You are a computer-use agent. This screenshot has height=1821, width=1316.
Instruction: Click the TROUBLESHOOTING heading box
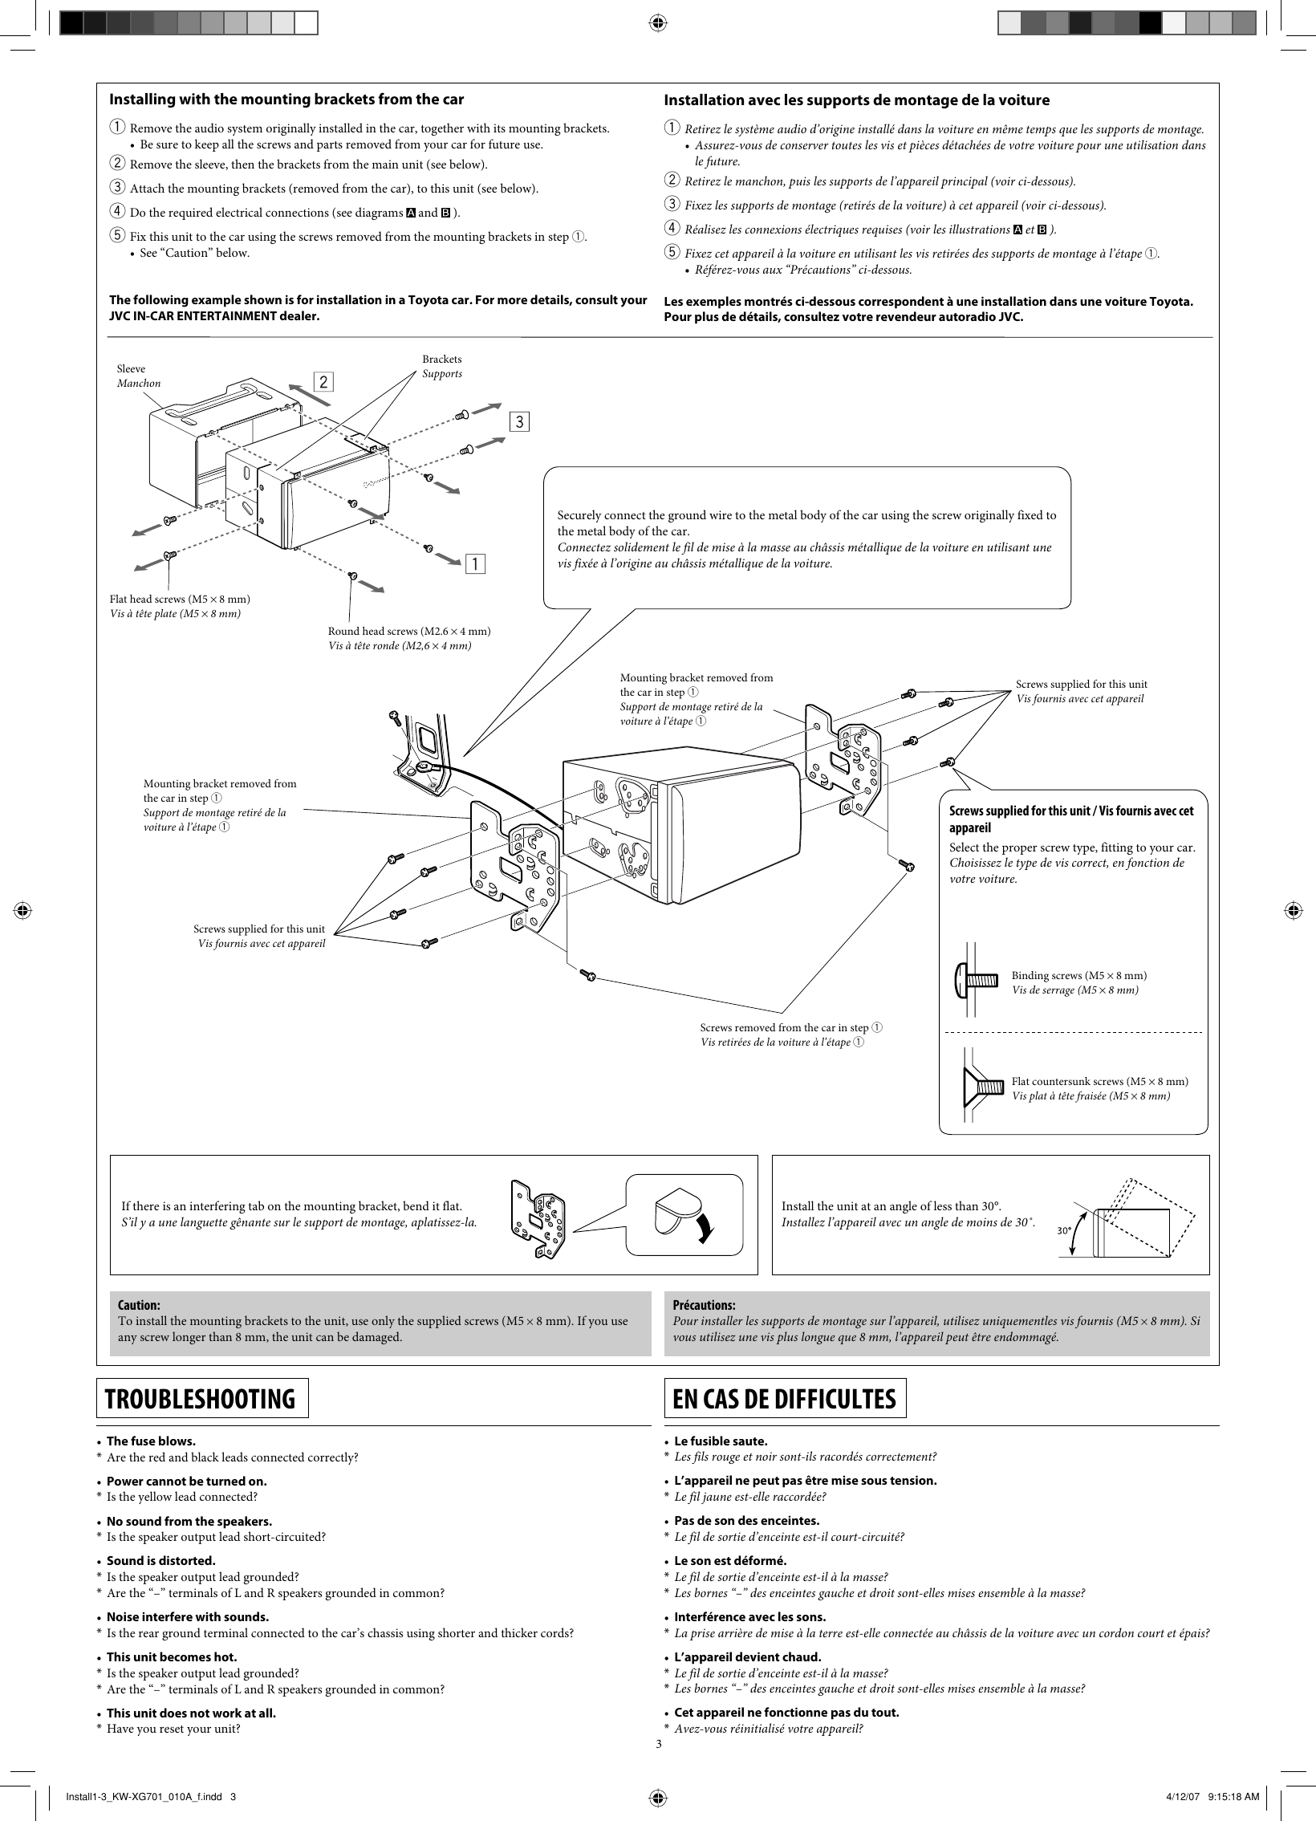point(202,1398)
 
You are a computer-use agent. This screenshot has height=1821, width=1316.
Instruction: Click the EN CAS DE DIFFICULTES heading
point(785,1398)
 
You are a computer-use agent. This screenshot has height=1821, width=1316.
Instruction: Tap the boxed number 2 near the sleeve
point(323,382)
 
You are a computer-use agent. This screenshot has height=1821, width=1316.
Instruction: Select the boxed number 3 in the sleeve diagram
point(519,421)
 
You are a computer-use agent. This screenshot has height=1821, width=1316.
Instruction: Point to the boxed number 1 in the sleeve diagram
point(476,564)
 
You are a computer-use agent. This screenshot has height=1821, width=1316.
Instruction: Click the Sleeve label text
point(132,368)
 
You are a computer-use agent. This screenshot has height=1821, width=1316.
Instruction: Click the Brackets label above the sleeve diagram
point(441,359)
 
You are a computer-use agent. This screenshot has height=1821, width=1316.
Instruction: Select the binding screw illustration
point(979,982)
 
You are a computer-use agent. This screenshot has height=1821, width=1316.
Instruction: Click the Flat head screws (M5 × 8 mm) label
point(179,599)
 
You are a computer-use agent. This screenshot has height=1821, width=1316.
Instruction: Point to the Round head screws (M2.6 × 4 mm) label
point(408,631)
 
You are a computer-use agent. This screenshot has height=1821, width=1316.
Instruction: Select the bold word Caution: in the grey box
point(139,1305)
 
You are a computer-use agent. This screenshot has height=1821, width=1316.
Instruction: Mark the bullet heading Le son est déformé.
point(730,1560)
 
